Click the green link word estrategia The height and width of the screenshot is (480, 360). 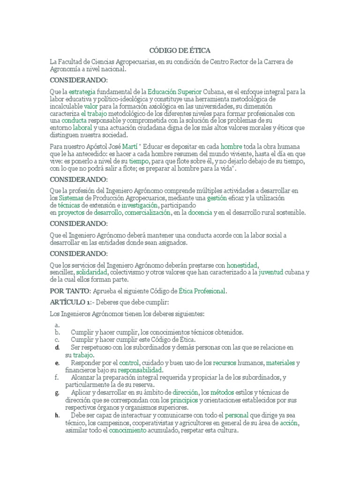[x=83, y=92]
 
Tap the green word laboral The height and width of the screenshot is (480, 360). [x=82, y=127]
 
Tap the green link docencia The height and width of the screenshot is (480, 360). [x=200, y=213]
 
